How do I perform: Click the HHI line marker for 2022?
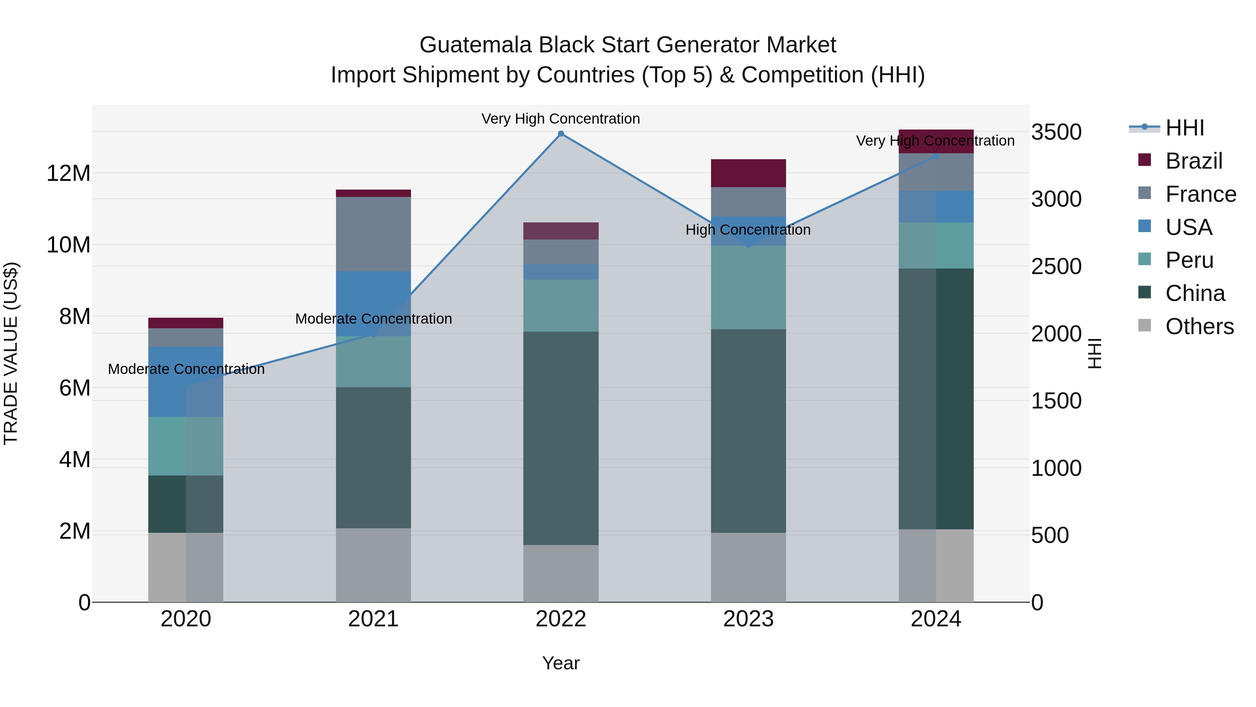pos(561,134)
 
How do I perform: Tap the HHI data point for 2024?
pos(936,156)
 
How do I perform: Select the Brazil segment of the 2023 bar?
pos(748,173)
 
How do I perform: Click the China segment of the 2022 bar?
pos(561,438)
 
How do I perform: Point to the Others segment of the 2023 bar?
pos(748,567)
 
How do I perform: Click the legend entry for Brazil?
pos(1193,161)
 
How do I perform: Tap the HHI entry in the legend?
pos(1184,128)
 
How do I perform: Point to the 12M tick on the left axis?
pos(68,173)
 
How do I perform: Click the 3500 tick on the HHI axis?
pos(1056,132)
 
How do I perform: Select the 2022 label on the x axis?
pos(561,619)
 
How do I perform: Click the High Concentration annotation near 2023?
pos(748,230)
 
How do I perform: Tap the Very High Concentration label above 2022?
pos(561,119)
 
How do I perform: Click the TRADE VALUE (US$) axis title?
pos(11,353)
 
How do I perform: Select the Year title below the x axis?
pos(561,663)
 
